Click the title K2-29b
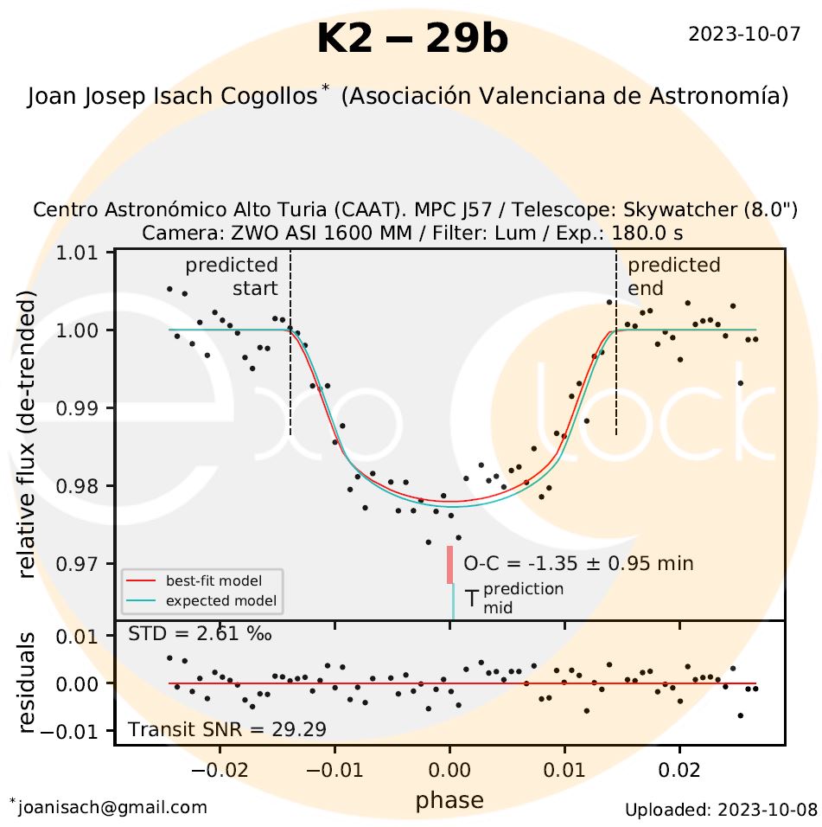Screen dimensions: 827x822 (x=412, y=39)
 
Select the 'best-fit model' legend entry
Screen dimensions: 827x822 (x=213, y=580)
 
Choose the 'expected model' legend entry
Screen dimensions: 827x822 (x=213, y=599)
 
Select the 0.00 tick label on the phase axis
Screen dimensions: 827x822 (x=449, y=769)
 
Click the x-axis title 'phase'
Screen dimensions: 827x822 (x=449, y=800)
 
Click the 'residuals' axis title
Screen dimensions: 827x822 (x=27, y=683)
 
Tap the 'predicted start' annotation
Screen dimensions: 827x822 (x=232, y=276)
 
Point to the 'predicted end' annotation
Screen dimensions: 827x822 (x=673, y=276)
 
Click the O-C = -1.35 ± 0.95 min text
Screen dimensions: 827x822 (x=578, y=564)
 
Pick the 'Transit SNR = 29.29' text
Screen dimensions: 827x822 (x=227, y=729)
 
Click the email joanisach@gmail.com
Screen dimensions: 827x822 (x=112, y=807)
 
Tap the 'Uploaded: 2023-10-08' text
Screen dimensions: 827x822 (x=721, y=810)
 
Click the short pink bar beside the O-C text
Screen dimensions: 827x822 (x=449, y=564)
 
